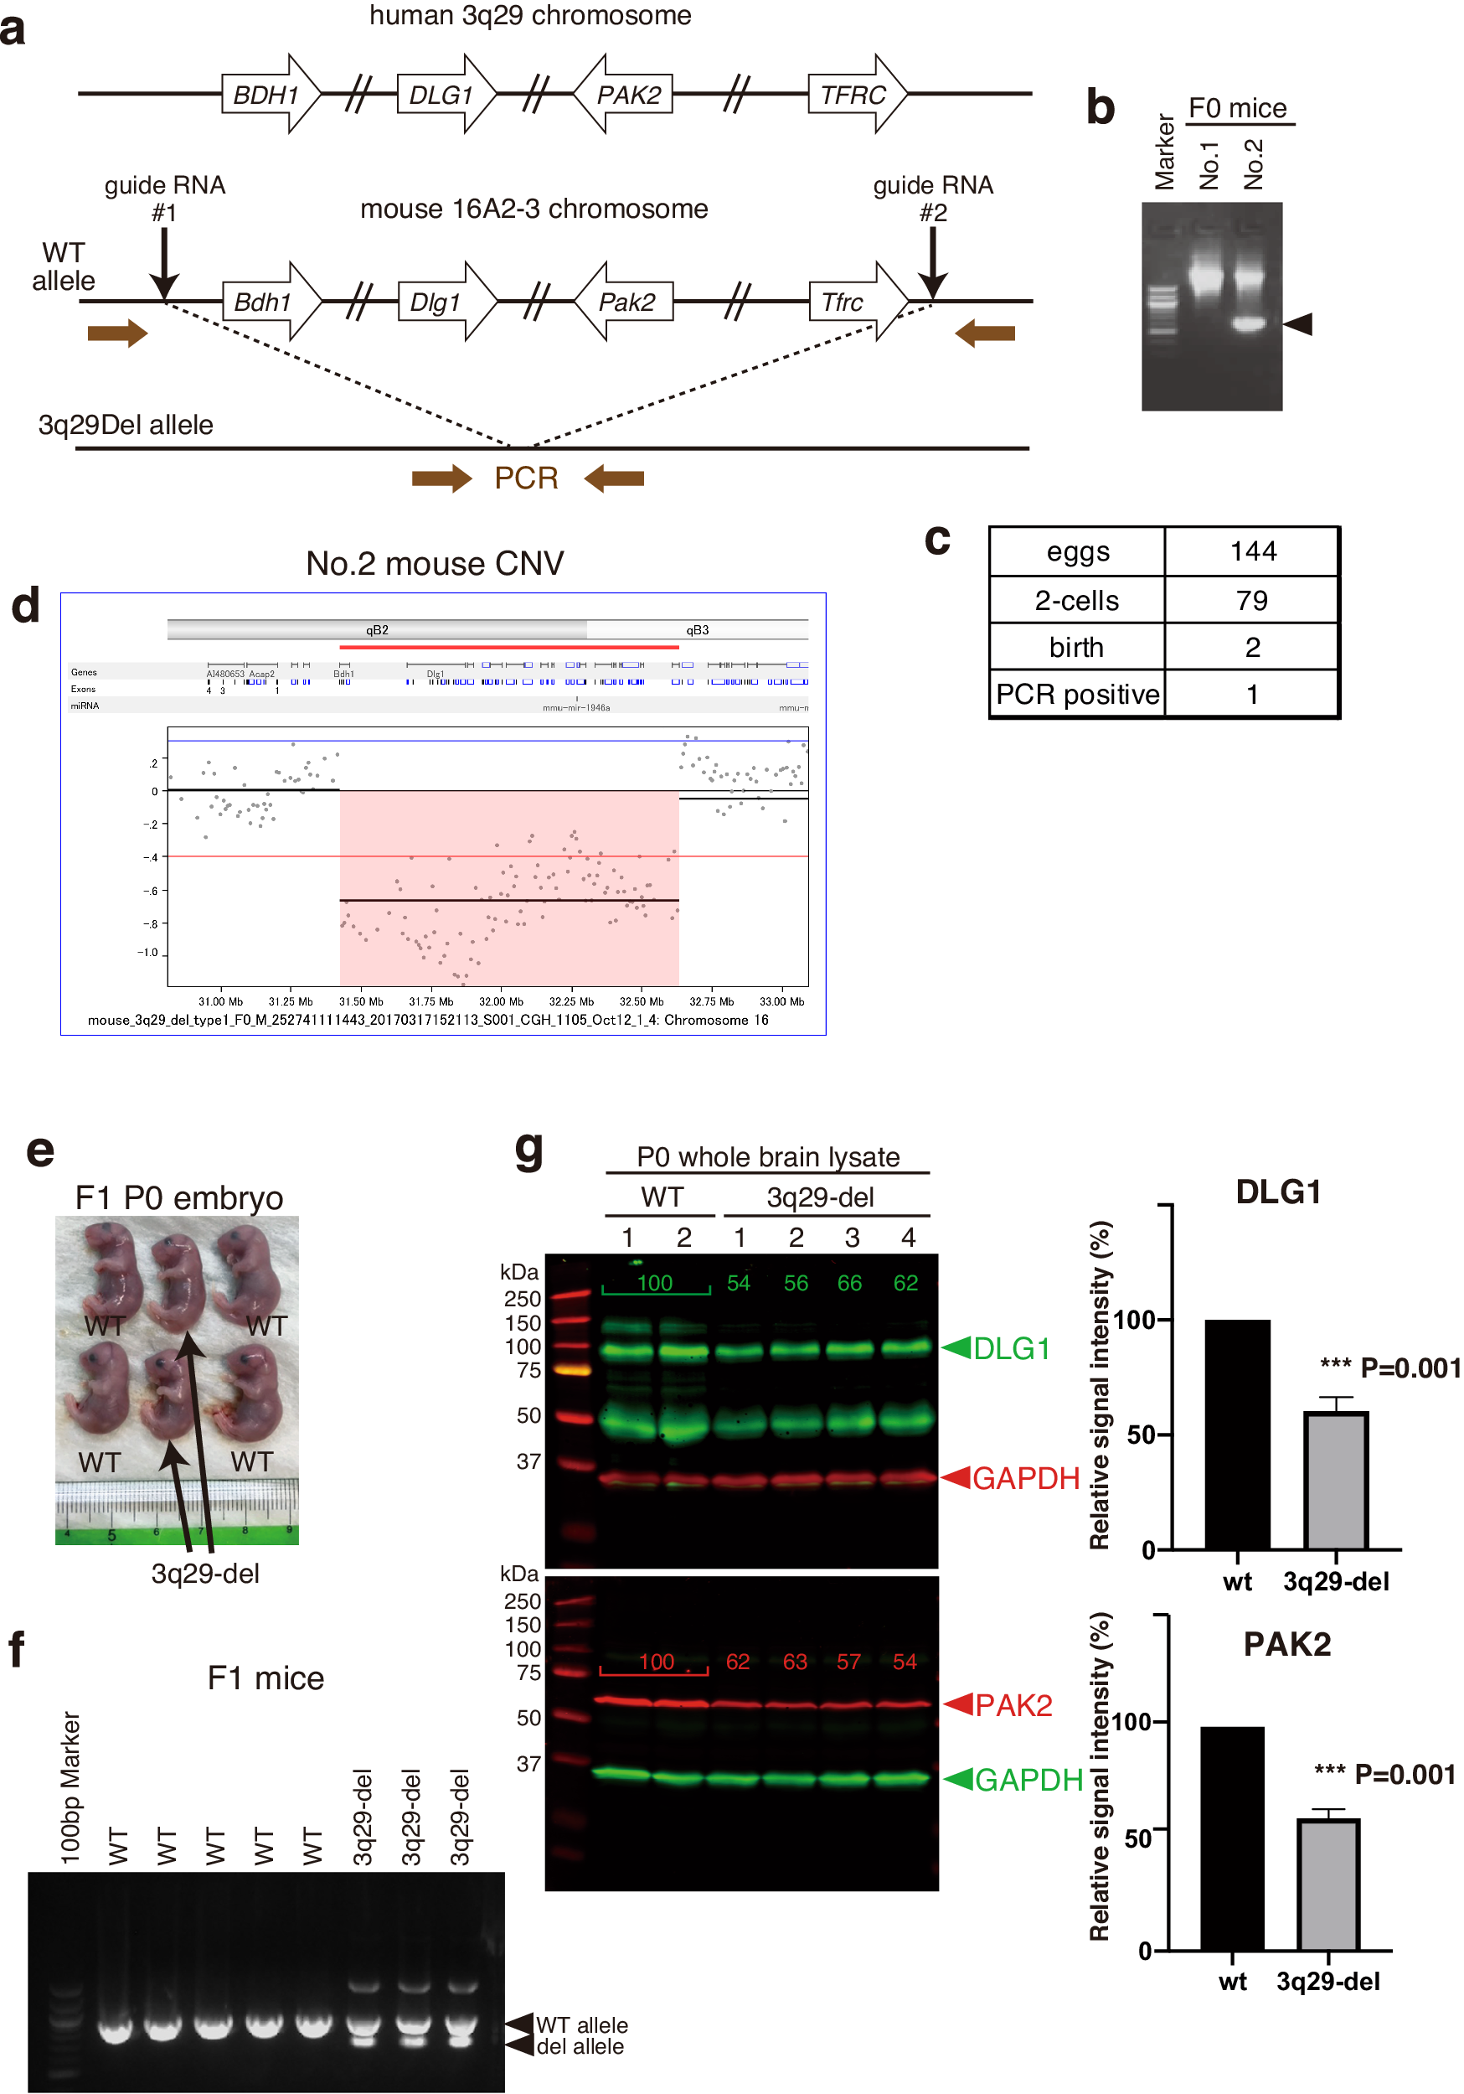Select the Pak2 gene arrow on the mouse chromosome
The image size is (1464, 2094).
point(626,302)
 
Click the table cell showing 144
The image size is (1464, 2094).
point(1252,551)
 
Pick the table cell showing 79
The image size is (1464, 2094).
point(1251,600)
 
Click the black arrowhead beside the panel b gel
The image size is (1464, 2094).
point(1298,323)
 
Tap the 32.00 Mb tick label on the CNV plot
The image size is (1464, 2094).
point(501,1001)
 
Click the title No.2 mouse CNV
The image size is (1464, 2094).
point(435,564)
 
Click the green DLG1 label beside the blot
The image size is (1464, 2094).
point(1011,1348)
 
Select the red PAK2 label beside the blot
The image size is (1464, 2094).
point(1013,1704)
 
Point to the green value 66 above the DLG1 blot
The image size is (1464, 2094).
point(849,1283)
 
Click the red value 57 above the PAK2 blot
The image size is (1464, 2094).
point(848,1662)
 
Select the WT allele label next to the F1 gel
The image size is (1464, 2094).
point(581,2024)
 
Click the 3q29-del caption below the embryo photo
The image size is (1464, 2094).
point(205,1574)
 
